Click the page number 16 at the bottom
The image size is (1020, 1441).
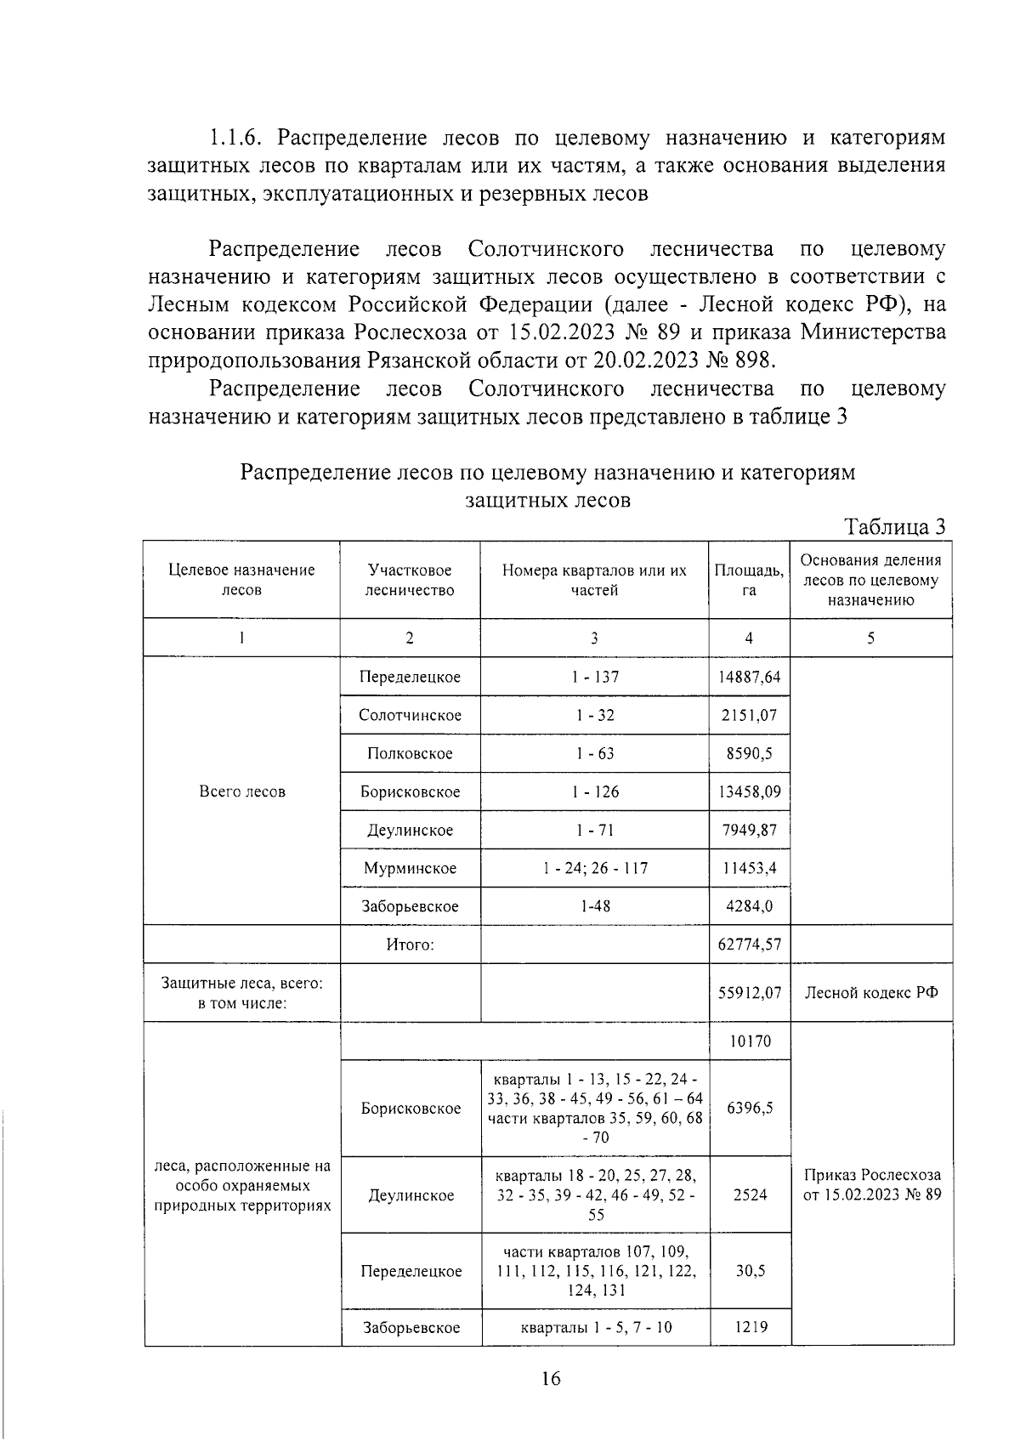(x=550, y=1378)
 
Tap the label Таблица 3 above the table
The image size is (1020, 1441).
(x=895, y=526)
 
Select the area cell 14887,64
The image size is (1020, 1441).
(x=749, y=677)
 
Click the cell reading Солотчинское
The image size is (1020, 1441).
(x=410, y=715)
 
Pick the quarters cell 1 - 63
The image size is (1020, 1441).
(x=594, y=753)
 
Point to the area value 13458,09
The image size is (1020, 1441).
(x=749, y=791)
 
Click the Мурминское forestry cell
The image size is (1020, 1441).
(x=410, y=868)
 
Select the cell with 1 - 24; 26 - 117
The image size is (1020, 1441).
(x=594, y=868)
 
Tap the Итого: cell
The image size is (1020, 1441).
(x=410, y=944)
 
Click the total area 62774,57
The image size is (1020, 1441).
(x=749, y=944)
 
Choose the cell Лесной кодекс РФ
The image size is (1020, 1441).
(x=871, y=992)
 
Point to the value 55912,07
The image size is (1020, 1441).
(x=749, y=992)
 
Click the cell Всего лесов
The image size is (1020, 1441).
(x=241, y=791)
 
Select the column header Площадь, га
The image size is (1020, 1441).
(x=749, y=580)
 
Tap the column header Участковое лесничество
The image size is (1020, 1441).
(x=410, y=580)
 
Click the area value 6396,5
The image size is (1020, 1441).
(x=749, y=1108)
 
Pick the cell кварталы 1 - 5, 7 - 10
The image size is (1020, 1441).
(x=595, y=1326)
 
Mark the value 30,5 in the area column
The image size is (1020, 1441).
(x=749, y=1270)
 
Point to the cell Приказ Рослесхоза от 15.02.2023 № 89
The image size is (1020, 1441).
(x=872, y=1185)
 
